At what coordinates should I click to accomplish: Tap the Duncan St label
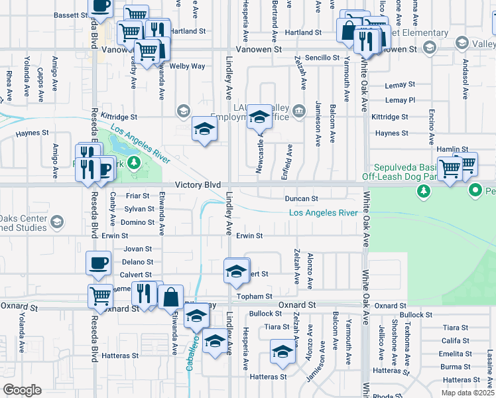302,198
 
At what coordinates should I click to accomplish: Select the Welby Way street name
188,66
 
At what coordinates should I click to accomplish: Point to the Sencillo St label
323,58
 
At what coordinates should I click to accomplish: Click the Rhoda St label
383,396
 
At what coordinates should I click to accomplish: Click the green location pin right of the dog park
475,191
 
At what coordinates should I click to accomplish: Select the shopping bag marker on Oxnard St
170,297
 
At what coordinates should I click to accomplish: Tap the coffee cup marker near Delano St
99,263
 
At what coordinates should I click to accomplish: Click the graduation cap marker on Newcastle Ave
260,117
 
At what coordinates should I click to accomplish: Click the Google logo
22,390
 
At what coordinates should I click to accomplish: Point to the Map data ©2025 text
467,393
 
